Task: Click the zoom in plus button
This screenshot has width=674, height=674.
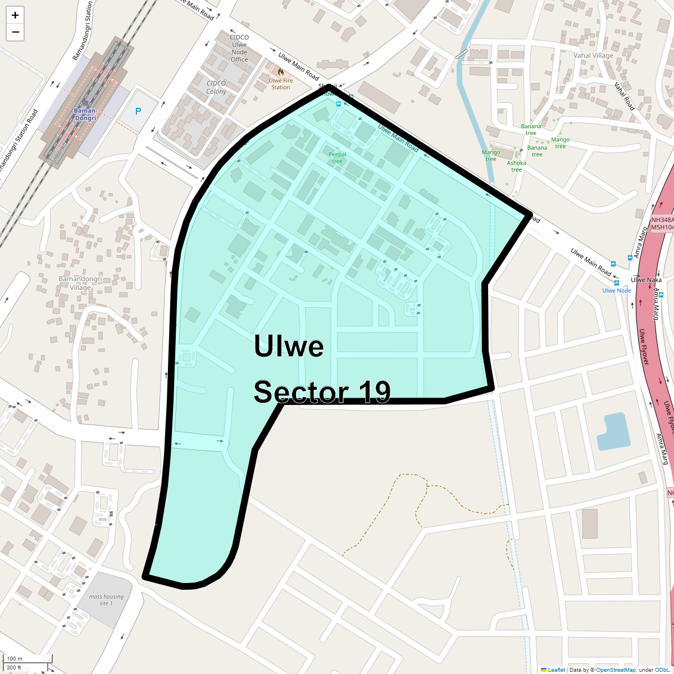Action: click(x=15, y=15)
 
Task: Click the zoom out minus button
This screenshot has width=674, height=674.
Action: click(x=15, y=32)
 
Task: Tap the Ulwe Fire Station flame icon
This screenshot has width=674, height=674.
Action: click(x=280, y=72)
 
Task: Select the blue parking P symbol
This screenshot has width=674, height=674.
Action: click(x=138, y=111)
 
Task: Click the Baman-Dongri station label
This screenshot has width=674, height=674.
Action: click(x=85, y=115)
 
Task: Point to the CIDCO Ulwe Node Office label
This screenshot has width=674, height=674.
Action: click(x=239, y=48)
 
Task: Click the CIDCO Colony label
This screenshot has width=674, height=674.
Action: click(x=216, y=87)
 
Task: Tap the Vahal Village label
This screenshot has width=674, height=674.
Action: click(x=593, y=56)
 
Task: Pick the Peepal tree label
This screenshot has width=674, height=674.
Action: click(x=337, y=157)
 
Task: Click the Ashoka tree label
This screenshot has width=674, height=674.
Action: click(x=517, y=166)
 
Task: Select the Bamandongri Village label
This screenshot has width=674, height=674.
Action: click(x=80, y=283)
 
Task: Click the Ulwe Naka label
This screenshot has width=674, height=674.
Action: click(x=646, y=280)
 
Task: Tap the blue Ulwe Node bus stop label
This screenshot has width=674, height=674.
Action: click(x=617, y=290)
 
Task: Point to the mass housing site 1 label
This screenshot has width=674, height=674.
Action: click(x=106, y=600)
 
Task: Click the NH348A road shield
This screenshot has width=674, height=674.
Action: click(x=662, y=220)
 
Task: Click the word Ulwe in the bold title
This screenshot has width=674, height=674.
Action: click(x=289, y=346)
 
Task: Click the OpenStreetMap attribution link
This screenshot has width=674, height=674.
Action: click(x=616, y=670)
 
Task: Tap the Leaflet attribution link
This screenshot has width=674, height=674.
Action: click(x=556, y=670)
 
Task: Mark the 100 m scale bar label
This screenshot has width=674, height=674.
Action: click(x=15, y=658)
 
